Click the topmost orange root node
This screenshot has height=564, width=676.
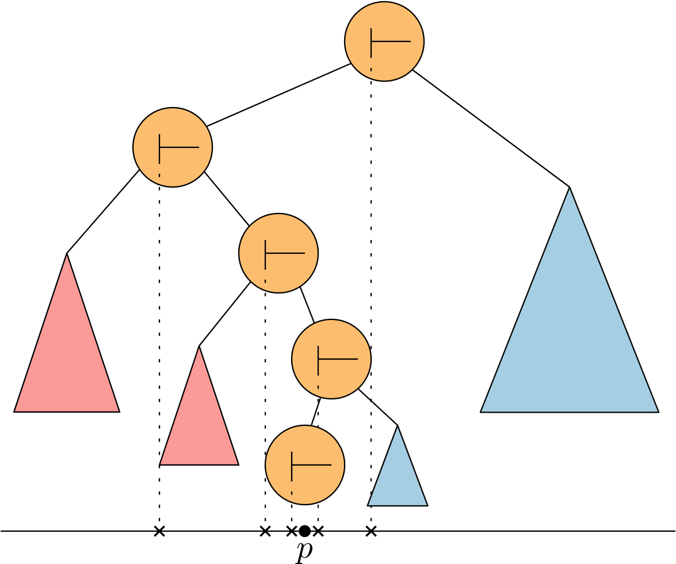[x=384, y=41]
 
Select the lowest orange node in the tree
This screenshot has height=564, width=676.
[x=305, y=464]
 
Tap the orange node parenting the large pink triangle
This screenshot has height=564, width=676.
[x=173, y=147]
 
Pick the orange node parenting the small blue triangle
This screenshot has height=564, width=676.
[x=331, y=359]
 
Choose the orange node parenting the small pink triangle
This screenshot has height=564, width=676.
[x=278, y=253]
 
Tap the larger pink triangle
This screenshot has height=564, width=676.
[x=67, y=363]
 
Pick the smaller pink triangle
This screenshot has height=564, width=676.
[x=199, y=426]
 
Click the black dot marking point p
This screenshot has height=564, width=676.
[x=305, y=531]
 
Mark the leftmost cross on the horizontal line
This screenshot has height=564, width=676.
[x=159, y=531]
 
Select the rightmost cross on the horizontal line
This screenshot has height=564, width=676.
[x=371, y=531]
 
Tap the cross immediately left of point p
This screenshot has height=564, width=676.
[x=292, y=531]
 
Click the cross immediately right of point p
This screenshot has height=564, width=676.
[x=318, y=531]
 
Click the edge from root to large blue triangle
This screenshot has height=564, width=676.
[x=491, y=129]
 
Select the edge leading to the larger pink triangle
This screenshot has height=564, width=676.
[x=102, y=212]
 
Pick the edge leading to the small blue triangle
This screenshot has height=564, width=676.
[x=378, y=407]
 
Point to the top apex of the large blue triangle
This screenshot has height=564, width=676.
[x=570, y=188]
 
